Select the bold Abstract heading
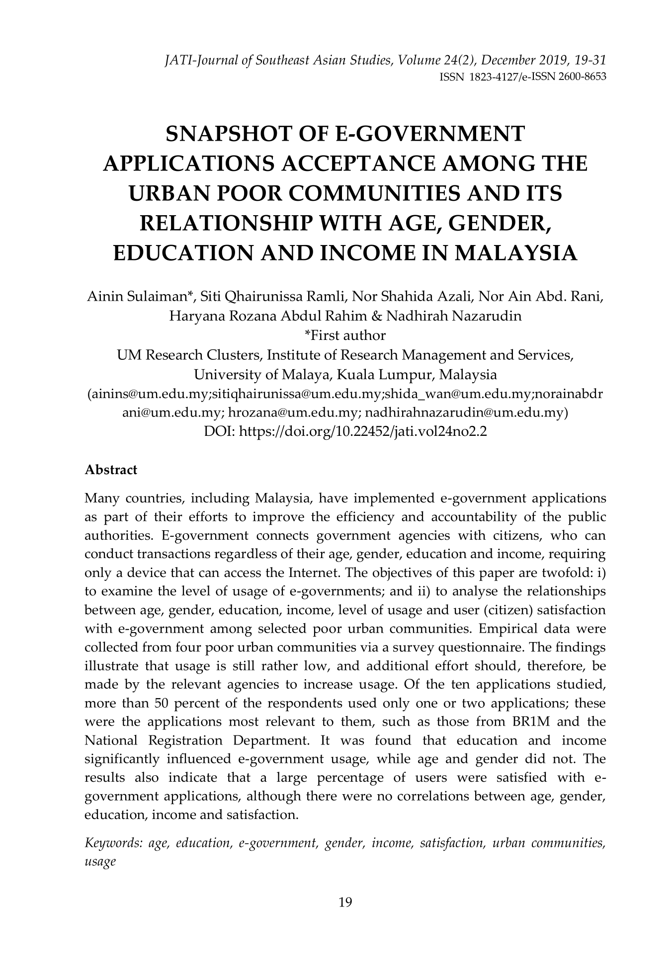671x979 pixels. click(111, 470)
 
